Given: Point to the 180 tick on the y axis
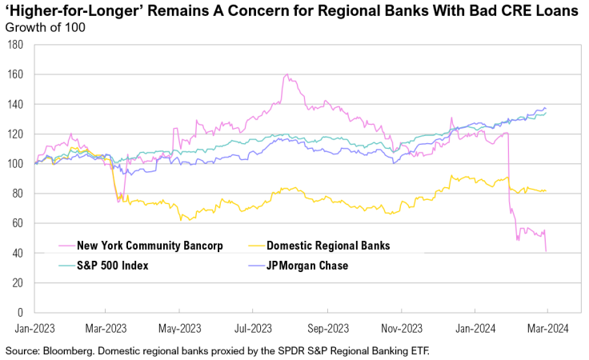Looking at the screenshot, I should coord(14,45).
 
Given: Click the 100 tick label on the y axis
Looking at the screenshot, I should coord(14,164).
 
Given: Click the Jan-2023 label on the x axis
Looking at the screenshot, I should coord(33,327).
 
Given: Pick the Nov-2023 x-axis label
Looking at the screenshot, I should coord(401,327).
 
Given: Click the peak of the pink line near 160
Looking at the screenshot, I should coord(286,75).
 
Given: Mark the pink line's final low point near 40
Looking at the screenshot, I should coord(546,252).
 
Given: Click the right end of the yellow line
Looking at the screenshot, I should coord(546,190).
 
